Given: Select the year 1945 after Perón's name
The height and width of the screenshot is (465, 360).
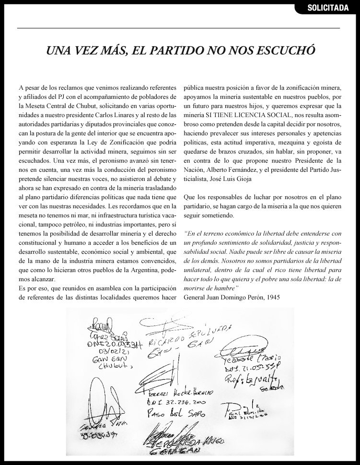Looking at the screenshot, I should pos(280,297).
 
